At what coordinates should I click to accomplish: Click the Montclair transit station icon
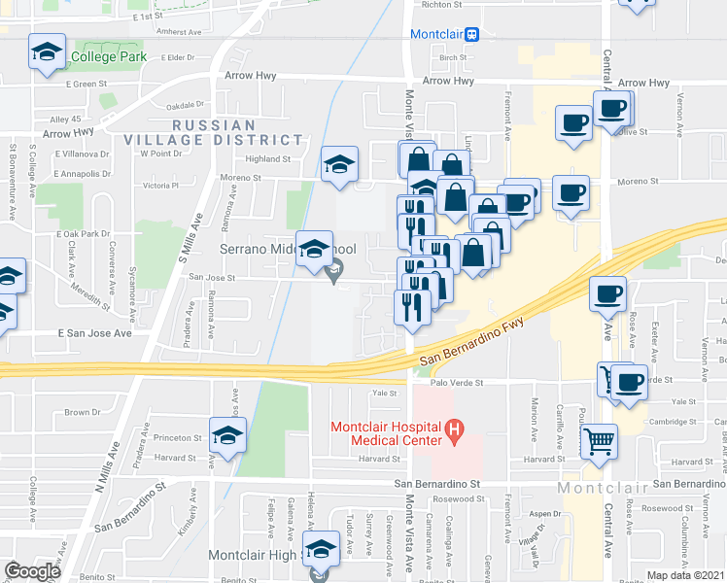pyautogui.click(x=471, y=34)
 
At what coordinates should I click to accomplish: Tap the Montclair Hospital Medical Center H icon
pyautogui.click(x=452, y=429)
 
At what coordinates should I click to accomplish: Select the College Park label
pyautogui.click(x=108, y=56)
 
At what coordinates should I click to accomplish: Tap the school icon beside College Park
pyautogui.click(x=46, y=52)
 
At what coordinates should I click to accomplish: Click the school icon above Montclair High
pyautogui.click(x=321, y=550)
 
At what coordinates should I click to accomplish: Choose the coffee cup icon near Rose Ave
pyautogui.click(x=608, y=294)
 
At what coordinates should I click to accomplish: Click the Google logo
pyautogui.click(x=31, y=571)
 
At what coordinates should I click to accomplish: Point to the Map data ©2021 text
pyautogui.click(x=685, y=575)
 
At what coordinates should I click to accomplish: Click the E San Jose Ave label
pyautogui.click(x=94, y=333)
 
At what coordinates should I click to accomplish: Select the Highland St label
pyautogui.click(x=268, y=158)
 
